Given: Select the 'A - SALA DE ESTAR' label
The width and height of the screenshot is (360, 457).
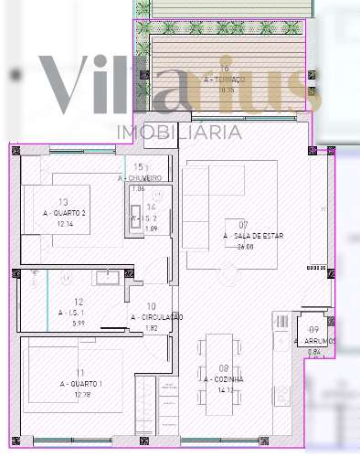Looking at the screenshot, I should [x=244, y=236].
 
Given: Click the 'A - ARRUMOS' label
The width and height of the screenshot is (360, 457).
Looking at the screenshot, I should [x=314, y=341].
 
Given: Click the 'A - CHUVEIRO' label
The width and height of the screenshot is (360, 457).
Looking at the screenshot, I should [x=140, y=178].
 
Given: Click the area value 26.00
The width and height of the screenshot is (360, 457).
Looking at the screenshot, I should [x=244, y=247].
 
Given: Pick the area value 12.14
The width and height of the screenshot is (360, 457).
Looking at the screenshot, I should [x=63, y=224].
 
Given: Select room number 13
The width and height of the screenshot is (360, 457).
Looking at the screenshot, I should [x=63, y=202].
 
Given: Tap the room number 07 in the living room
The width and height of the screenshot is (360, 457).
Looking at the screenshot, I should [x=244, y=225].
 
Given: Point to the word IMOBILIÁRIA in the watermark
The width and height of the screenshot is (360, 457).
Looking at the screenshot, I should [x=180, y=133].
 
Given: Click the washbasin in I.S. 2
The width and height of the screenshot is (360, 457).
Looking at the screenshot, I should [x=135, y=219].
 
